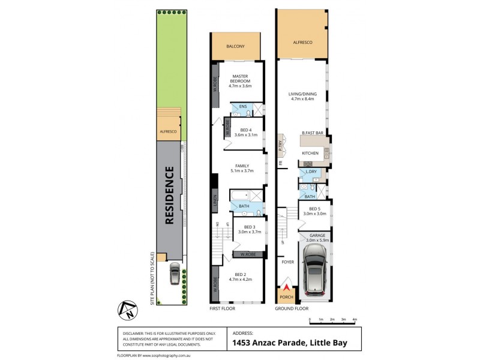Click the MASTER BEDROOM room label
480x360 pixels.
[239, 83]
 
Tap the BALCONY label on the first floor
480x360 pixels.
[235, 47]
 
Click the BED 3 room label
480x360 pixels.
[245, 228]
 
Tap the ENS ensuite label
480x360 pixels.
[242, 107]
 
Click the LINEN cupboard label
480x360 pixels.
[214, 200]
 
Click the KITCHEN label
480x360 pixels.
[310, 154]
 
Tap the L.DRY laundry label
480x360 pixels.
[311, 172]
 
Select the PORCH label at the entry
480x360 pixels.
[284, 295]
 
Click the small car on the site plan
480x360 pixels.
[173, 275]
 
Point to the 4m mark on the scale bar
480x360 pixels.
[355, 320]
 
